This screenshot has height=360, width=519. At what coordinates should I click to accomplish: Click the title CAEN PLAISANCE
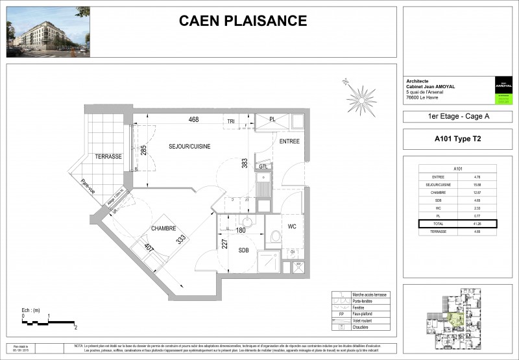point(243,21)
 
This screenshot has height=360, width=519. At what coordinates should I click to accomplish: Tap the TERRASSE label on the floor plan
point(108,157)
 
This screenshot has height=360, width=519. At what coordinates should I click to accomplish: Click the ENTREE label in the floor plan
point(289,141)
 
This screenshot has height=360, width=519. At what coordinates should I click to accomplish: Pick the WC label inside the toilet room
point(292,226)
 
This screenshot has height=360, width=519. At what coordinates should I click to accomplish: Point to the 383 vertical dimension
point(245,164)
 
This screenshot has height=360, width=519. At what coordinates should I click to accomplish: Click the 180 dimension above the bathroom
point(239,229)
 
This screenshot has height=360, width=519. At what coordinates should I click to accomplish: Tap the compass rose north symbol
point(361,97)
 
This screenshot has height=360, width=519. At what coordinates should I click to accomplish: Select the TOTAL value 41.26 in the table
point(477,223)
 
